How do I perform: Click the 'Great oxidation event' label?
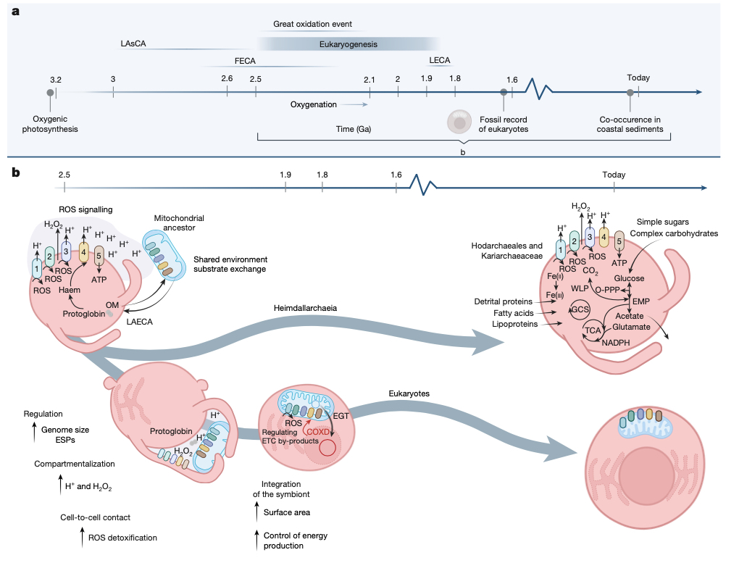pos(312,25)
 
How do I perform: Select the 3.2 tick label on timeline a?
pos(56,78)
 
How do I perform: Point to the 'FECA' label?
pos(245,62)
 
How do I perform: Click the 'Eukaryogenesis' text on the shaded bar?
pos(348,44)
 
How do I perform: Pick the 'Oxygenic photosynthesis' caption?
pos(55,124)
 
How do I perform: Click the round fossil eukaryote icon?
pos(459,122)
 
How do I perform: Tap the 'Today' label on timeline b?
pos(613,175)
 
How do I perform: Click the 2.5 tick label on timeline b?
pos(64,175)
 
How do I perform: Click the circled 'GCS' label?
pos(580,309)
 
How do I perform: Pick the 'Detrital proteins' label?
pos(502,301)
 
